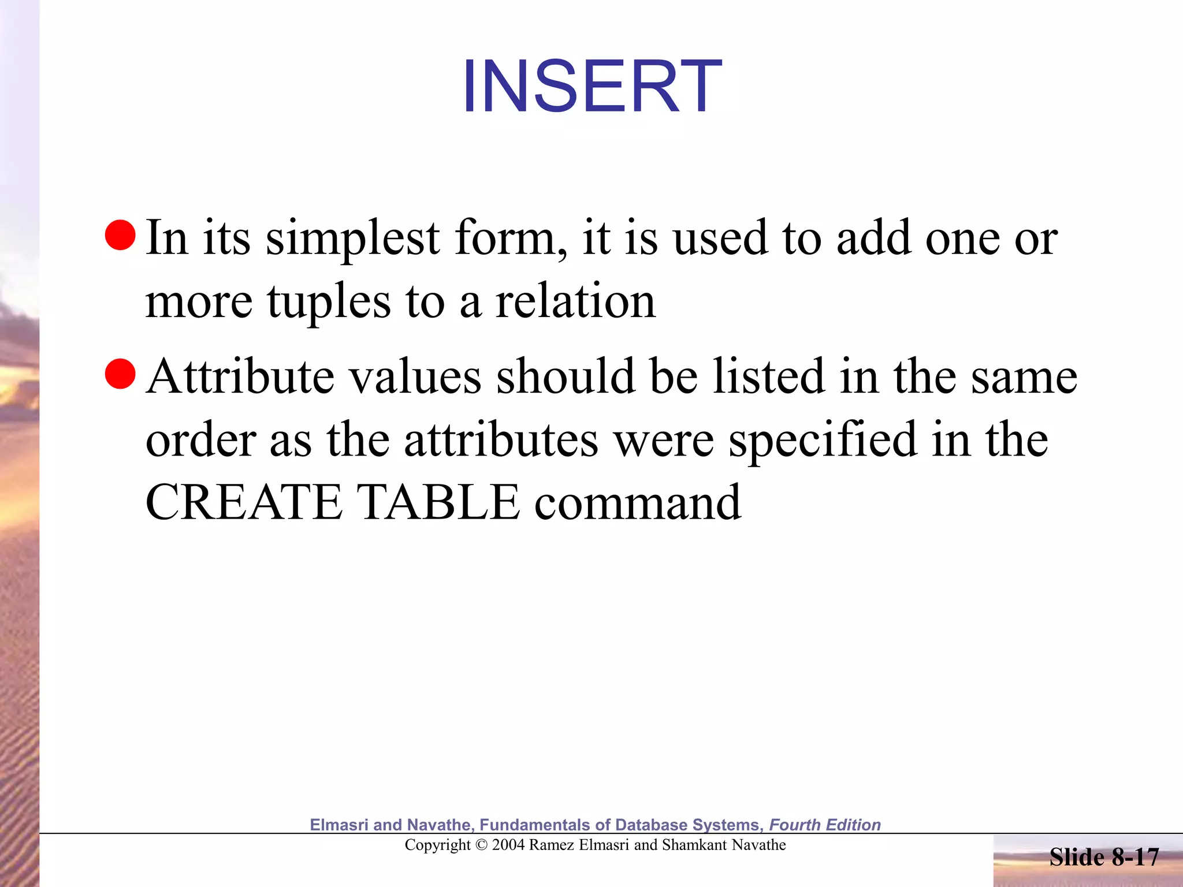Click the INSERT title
click(x=591, y=87)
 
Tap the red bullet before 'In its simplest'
click(x=120, y=235)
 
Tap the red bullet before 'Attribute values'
click(x=120, y=374)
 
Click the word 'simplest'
click(x=352, y=238)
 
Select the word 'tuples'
click(x=329, y=302)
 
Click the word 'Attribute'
click(x=240, y=377)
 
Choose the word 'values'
click(x=416, y=377)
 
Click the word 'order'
click(x=201, y=440)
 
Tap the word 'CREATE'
click(x=244, y=502)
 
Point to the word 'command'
click(x=638, y=502)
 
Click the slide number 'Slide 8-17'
click(x=1104, y=857)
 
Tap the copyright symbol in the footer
click(x=481, y=845)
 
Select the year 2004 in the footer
click(x=508, y=845)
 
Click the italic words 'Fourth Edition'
click(x=825, y=825)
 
